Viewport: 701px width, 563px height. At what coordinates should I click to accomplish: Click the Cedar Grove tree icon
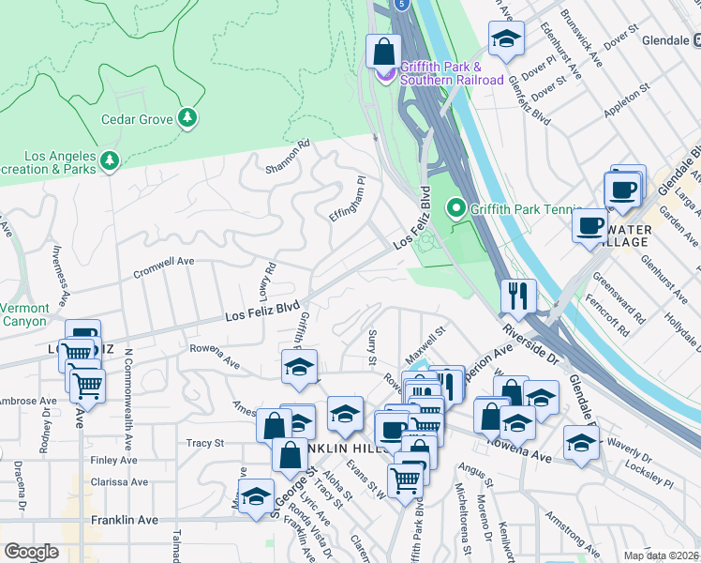(189, 117)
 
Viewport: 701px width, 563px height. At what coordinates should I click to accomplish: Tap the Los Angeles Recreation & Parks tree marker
(111, 162)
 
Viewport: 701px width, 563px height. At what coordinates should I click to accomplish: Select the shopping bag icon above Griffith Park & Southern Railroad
(384, 52)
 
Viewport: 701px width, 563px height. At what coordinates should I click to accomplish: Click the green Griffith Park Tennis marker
(456, 206)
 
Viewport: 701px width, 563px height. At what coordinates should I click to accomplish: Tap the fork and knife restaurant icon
(517, 296)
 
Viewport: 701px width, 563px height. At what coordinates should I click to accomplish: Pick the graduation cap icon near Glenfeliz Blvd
(505, 39)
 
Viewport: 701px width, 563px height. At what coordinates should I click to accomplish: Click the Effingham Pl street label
(346, 199)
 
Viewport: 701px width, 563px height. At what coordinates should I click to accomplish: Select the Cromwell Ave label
(163, 262)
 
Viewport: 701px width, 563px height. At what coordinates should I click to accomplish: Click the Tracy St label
(206, 443)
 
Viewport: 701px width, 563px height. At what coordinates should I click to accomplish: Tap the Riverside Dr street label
(529, 345)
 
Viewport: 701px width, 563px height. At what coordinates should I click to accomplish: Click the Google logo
(31, 552)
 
